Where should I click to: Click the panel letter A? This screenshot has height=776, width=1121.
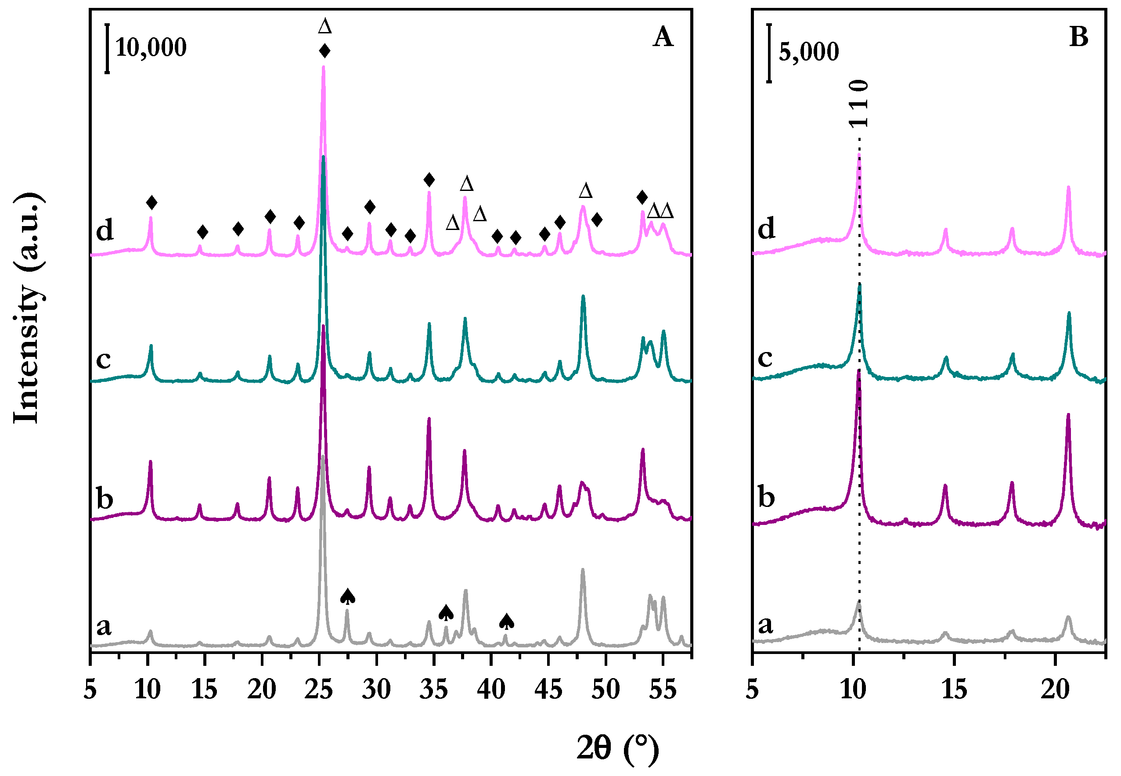pos(663,37)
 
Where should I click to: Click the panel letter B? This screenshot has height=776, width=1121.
pos(1078,37)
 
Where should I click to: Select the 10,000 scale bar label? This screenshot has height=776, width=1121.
pos(151,48)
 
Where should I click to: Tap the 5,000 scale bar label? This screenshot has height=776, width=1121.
pos(809,52)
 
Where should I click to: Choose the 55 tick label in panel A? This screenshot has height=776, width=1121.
pos(663,690)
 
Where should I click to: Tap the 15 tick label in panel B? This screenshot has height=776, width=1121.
pos(954,690)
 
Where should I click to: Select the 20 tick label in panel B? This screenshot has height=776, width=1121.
pos(1055,690)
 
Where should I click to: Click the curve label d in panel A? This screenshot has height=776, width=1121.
pos(105,230)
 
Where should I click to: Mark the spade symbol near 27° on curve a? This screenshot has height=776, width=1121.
pos(347,596)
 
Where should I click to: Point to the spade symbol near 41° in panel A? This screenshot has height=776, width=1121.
pos(506,621)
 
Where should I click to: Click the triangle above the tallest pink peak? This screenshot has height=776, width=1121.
pos(324,26)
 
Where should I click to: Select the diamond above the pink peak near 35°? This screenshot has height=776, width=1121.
pos(429,180)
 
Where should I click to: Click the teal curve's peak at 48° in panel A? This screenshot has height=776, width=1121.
pos(583,296)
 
